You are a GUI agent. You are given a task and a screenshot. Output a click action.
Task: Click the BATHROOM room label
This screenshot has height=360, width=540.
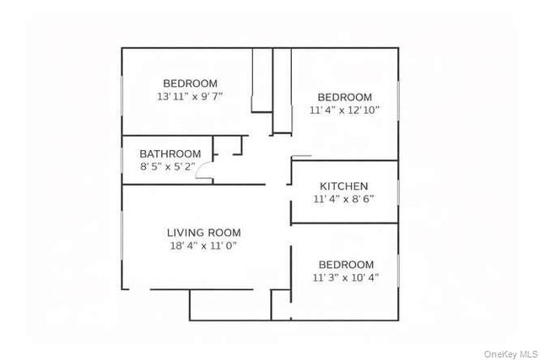click(x=170, y=153)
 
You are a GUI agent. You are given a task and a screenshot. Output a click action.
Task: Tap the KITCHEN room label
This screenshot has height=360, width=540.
click(x=343, y=185)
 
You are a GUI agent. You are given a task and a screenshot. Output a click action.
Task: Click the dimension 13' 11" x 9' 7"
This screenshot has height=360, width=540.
click(x=190, y=97)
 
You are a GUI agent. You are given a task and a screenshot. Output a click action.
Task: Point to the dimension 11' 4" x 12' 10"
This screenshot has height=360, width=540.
click(x=344, y=110)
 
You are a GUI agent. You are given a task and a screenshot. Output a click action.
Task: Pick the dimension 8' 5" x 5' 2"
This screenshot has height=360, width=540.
click(x=170, y=167)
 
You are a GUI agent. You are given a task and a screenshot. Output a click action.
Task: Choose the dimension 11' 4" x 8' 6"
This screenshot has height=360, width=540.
click(x=343, y=200)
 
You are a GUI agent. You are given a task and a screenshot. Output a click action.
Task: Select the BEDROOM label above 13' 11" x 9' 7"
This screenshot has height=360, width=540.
click(x=190, y=83)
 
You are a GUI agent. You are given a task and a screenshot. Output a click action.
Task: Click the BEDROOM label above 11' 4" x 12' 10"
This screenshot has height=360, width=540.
click(x=344, y=97)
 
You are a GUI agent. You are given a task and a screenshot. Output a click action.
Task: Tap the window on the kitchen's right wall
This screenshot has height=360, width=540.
click(x=397, y=192)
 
